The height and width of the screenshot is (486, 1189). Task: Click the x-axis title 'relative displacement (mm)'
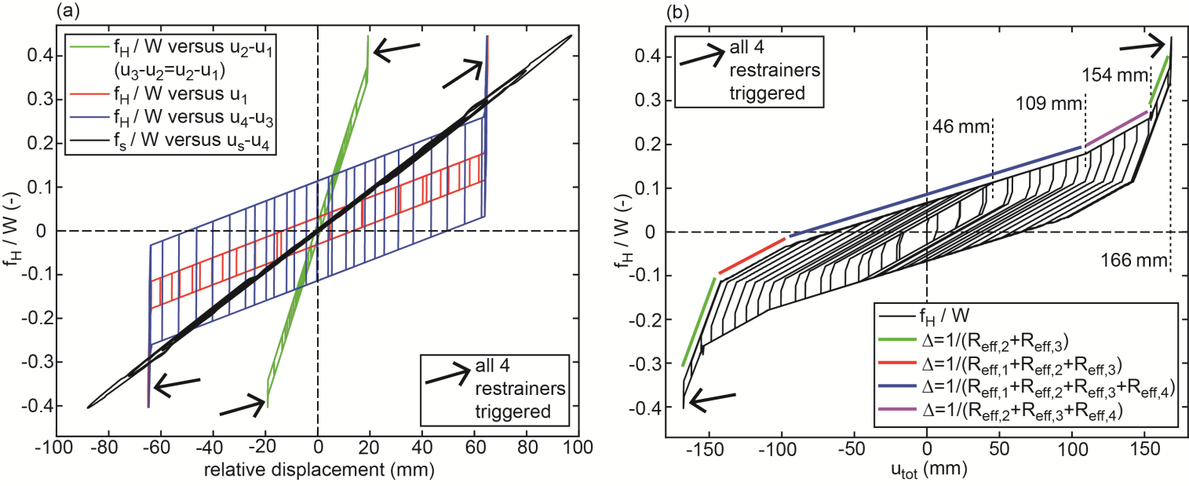pyautogui.click(x=317, y=470)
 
